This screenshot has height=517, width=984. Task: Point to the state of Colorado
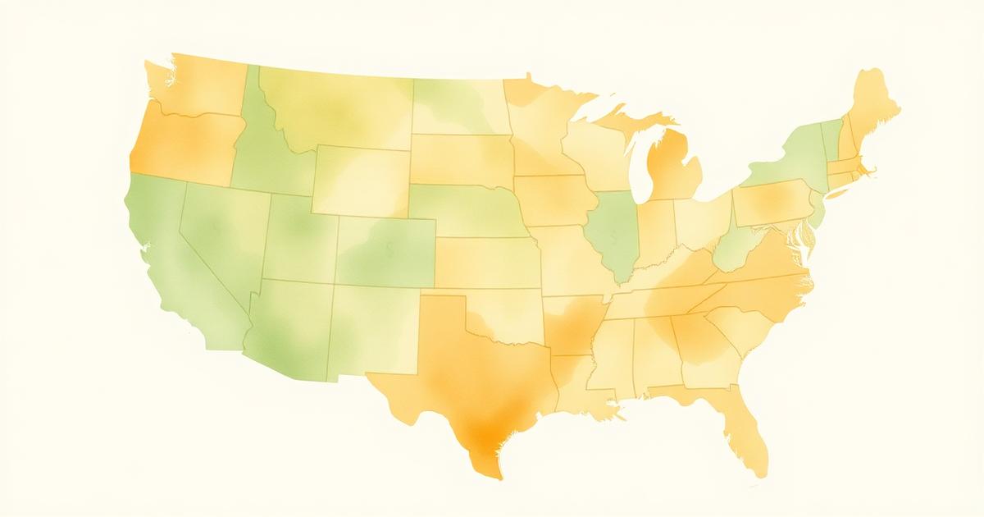pos(385,250)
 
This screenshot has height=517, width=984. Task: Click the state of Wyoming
pos(361,181)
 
